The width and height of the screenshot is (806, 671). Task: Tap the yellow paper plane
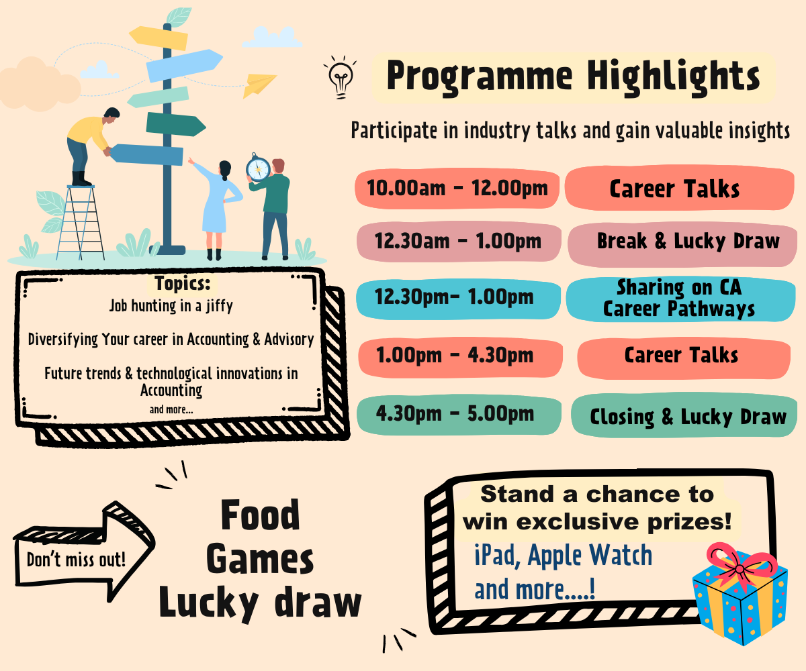pyautogui.click(x=259, y=85)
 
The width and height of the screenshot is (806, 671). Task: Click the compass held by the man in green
pyautogui.click(x=258, y=168)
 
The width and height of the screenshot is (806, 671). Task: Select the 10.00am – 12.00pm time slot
pyautogui.click(x=457, y=189)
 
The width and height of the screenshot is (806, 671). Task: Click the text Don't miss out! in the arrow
pyautogui.click(x=76, y=560)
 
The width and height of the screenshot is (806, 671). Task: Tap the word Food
pyautogui.click(x=260, y=515)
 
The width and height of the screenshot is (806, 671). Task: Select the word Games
pyautogui.click(x=260, y=559)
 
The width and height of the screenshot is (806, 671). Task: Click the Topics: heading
pyautogui.click(x=183, y=283)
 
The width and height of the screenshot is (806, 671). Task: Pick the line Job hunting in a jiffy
pyautogui.click(x=171, y=306)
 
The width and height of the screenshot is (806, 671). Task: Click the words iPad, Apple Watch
pyautogui.click(x=564, y=556)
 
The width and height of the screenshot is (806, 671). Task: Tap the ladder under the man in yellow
pyautogui.click(x=81, y=223)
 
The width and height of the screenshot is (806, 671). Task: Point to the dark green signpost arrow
pyautogui.click(x=175, y=124)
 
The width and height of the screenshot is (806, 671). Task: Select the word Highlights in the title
pyautogui.click(x=673, y=76)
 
